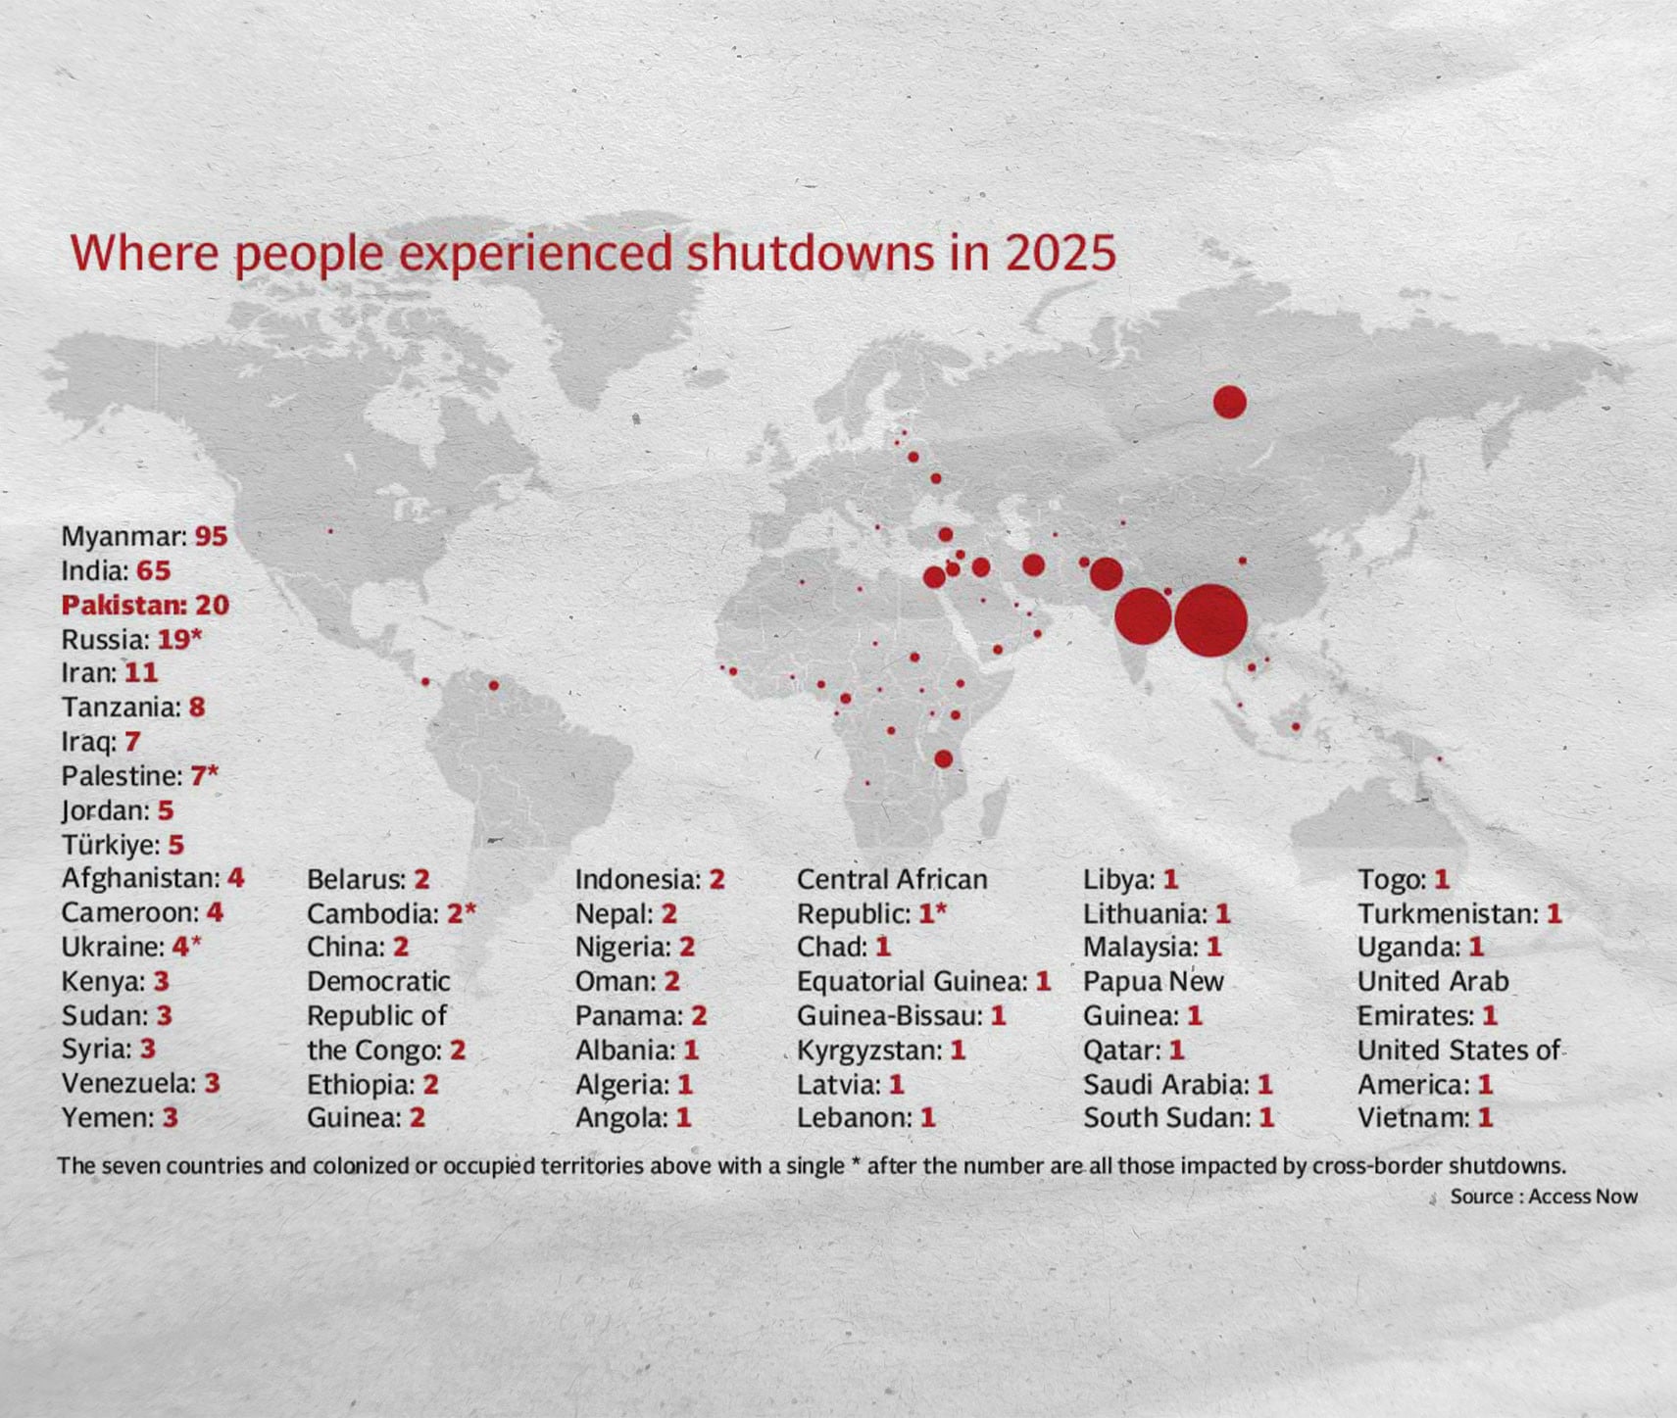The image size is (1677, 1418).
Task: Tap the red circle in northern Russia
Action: [x=1229, y=402]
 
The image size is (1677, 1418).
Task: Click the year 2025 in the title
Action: [x=1060, y=253]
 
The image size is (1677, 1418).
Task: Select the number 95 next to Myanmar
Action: [x=211, y=536]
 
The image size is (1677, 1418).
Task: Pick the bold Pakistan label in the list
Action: [x=123, y=605]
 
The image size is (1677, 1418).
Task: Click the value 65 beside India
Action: [x=154, y=570]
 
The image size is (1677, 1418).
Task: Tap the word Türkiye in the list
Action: [x=110, y=845]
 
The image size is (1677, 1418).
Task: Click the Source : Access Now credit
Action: [x=1544, y=1196]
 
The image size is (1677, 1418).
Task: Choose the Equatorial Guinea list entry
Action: [x=912, y=981]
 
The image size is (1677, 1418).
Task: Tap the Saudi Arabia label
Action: [x=1165, y=1084]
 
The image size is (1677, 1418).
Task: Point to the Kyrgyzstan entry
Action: [x=868, y=1050]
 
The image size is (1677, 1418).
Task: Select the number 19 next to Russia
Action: [x=173, y=639]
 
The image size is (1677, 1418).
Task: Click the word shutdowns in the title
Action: [x=810, y=253]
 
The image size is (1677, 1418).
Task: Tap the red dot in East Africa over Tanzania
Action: [x=943, y=758]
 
